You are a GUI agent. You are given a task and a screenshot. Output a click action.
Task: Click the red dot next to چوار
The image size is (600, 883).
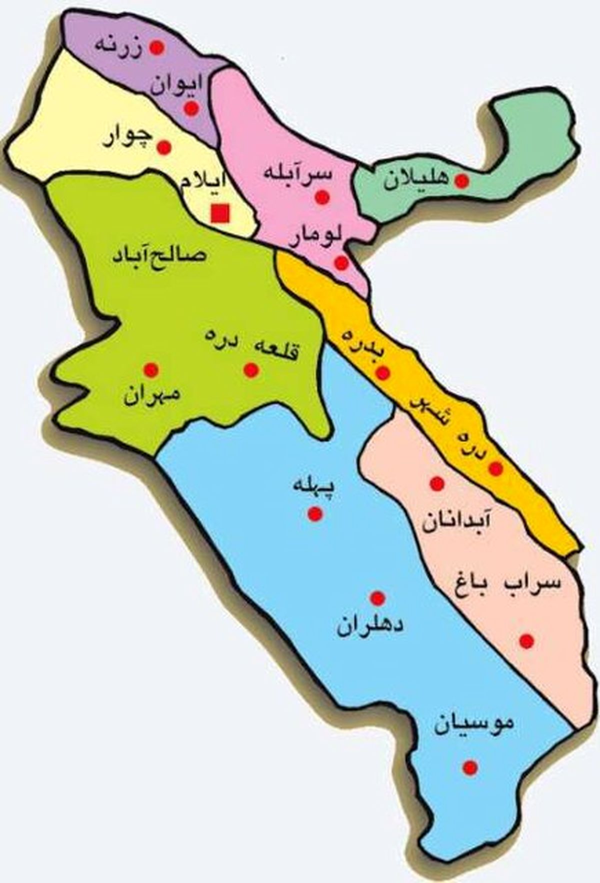[x=164, y=148]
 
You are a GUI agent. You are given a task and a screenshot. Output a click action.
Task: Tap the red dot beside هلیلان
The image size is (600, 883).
[x=461, y=181]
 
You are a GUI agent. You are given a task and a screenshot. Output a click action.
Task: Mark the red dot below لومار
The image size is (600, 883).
[x=341, y=263]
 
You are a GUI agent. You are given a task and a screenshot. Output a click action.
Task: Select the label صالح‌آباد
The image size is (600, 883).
[x=159, y=256]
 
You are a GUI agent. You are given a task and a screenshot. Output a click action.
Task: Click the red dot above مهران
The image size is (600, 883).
[x=150, y=370]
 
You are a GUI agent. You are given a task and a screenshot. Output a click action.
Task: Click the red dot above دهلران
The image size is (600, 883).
[x=377, y=598]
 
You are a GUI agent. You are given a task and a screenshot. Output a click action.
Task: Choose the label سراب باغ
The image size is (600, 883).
[x=506, y=585]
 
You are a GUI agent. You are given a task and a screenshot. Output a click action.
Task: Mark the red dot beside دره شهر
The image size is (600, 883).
[x=495, y=469]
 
